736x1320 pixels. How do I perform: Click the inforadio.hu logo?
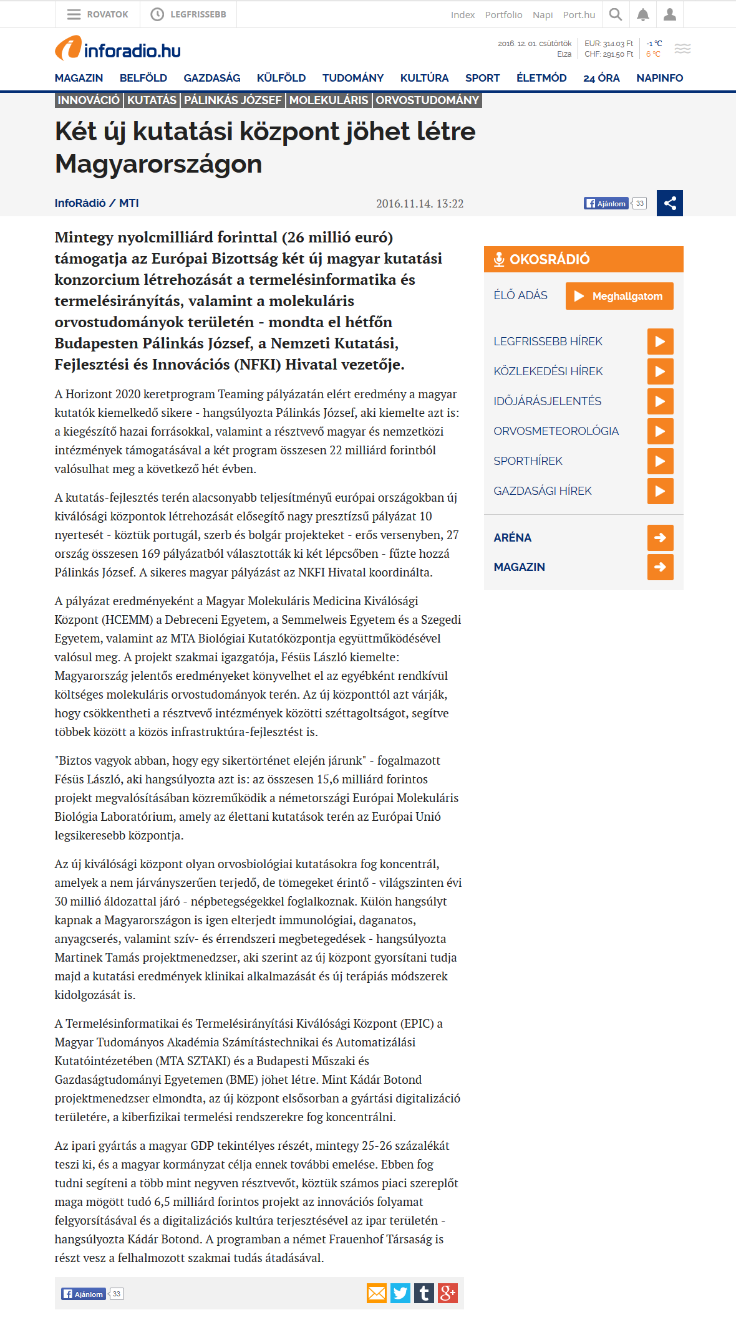click(118, 49)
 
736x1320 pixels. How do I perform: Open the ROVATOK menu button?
click(98, 14)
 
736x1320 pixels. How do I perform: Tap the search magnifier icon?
click(616, 14)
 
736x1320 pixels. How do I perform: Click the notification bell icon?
click(643, 14)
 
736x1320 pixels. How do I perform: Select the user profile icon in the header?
click(670, 14)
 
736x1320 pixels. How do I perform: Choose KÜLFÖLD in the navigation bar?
click(281, 78)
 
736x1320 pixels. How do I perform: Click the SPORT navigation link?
click(482, 78)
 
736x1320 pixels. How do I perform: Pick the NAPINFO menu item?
click(659, 78)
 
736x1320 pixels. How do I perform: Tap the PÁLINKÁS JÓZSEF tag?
click(233, 100)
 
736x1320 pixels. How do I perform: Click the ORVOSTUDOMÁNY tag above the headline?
click(427, 100)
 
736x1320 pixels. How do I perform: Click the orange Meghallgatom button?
click(619, 296)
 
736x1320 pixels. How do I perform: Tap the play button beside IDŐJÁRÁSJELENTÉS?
click(660, 401)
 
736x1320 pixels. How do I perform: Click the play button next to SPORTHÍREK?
click(660, 461)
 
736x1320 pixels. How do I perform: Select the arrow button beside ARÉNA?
click(660, 538)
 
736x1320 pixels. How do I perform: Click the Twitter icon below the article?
click(400, 1293)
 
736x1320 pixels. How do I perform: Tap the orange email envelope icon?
click(377, 1293)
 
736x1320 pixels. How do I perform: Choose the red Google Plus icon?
click(448, 1293)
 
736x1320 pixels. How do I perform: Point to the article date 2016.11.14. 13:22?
click(420, 204)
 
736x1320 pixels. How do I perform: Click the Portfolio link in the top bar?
click(503, 15)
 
